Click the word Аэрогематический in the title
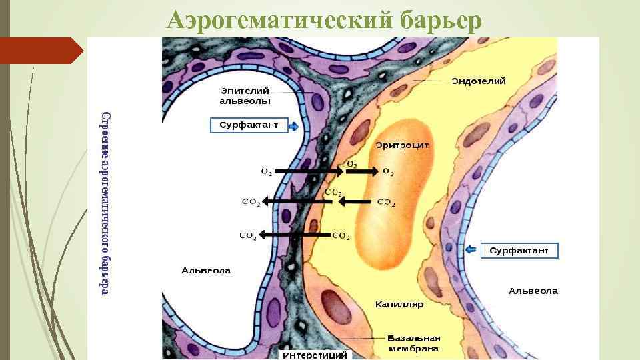280,21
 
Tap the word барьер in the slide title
441,21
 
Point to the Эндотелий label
478,81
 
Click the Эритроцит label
402,145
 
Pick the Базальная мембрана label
414,343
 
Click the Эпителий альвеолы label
245,95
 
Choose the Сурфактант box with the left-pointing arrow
519,251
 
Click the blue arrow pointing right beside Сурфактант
293,125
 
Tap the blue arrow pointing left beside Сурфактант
472,250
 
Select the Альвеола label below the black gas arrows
206,271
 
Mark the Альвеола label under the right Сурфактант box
533,291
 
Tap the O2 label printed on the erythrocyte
388,172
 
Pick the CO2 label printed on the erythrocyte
386,202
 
